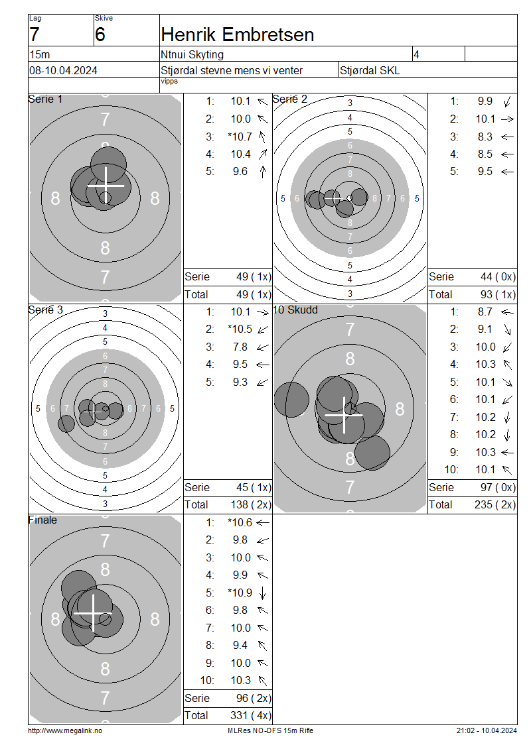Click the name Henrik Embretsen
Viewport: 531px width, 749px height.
(237, 35)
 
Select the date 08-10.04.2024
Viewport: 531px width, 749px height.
(63, 71)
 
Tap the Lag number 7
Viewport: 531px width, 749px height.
(35, 35)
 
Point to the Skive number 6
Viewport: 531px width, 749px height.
(100, 35)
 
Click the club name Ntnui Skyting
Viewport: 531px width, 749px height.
(192, 55)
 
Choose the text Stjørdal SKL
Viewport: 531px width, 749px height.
(370, 71)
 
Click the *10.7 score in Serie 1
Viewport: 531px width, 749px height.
(240, 137)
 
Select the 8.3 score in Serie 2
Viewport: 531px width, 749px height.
(485, 137)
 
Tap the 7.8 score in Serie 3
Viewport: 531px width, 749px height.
(240, 347)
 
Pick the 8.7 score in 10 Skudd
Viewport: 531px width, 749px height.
(485, 312)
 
